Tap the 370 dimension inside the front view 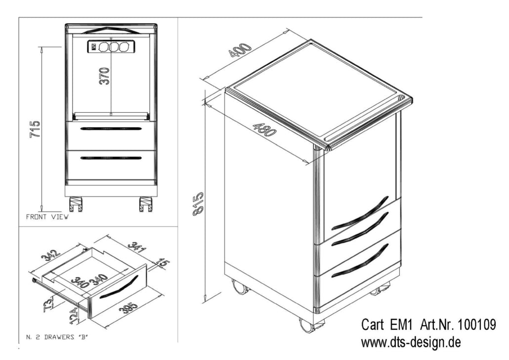coord(104,76)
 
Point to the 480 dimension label coord(264,129)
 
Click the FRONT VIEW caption coord(47,217)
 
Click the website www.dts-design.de coord(411,342)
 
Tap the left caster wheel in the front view coord(76,204)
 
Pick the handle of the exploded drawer coord(119,288)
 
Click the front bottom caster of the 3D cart coord(307,324)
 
